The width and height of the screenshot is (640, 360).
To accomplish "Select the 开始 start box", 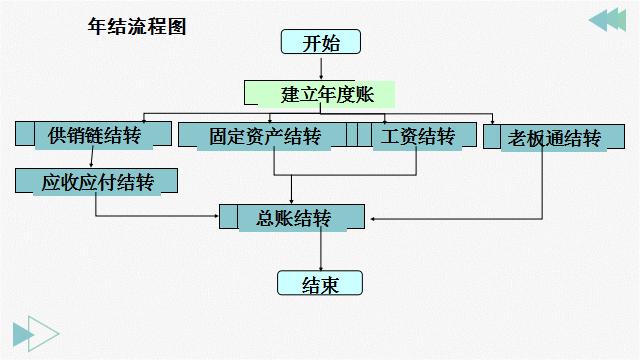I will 319,42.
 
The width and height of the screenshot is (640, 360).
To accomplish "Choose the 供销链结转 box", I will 94,135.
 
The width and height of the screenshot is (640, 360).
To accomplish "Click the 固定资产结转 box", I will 265,135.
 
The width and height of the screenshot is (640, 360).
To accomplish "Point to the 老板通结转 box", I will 545,137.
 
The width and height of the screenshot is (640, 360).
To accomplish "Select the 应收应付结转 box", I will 97,182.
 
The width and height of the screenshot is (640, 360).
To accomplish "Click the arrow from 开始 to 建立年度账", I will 320,67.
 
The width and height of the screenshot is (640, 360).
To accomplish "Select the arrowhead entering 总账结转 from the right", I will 372,217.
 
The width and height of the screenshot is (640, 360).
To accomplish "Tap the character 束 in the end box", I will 329,284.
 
